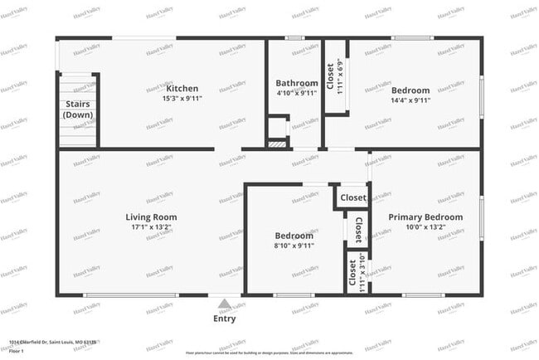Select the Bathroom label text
click(297, 83)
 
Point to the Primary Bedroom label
click(425, 217)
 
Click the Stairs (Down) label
click(79, 109)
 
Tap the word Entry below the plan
click(224, 319)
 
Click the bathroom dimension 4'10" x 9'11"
click(297, 93)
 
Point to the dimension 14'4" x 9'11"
click(410, 100)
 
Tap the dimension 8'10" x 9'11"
click(294, 245)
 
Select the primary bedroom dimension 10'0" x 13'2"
click(425, 227)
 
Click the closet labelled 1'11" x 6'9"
click(335, 78)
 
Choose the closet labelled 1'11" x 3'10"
click(357, 274)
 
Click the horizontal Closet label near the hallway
click(352, 198)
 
